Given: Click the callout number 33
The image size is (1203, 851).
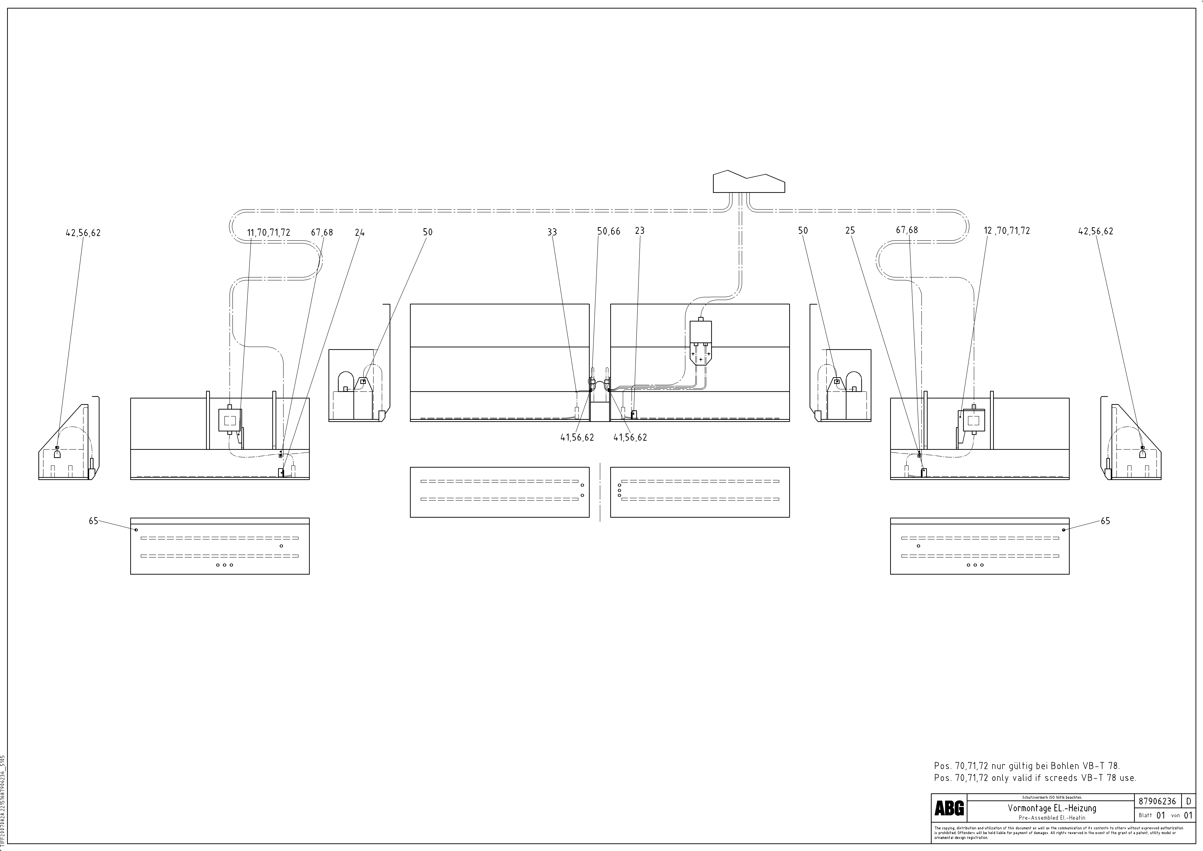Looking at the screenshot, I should (552, 232).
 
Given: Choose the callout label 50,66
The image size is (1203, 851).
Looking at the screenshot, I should (608, 231).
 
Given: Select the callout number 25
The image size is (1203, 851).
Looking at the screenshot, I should (850, 231).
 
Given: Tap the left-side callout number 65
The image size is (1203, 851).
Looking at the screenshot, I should (93, 521).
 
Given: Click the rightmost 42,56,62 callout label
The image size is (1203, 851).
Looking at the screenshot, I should (1096, 231).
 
